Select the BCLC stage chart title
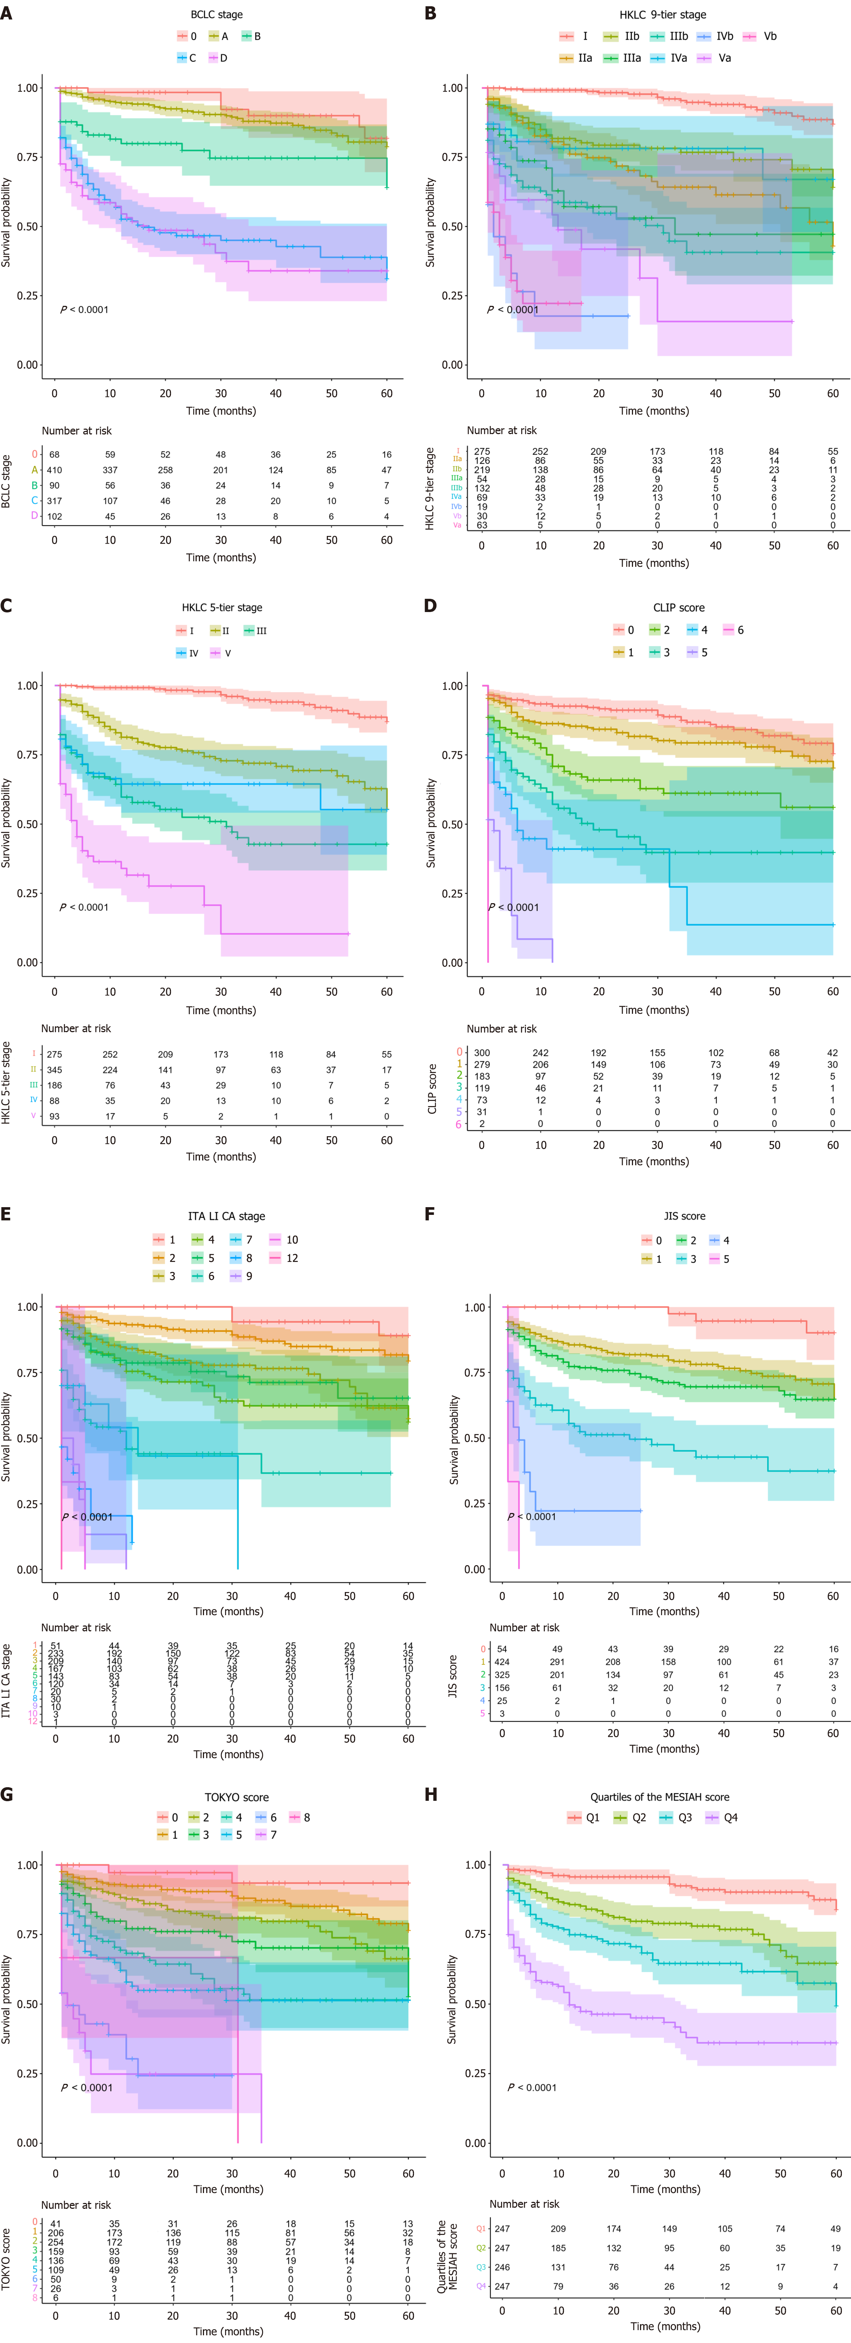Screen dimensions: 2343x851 (x=217, y=15)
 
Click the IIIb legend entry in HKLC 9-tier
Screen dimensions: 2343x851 (x=671, y=36)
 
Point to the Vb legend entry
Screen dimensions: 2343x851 (x=762, y=36)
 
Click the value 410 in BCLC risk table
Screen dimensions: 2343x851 (x=54, y=470)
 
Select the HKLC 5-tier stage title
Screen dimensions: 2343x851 (x=222, y=608)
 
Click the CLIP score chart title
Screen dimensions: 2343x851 (x=678, y=608)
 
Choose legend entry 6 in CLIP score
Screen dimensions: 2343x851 (x=734, y=630)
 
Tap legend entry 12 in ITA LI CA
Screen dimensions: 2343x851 (x=285, y=1258)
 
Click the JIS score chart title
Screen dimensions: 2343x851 (x=684, y=1216)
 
